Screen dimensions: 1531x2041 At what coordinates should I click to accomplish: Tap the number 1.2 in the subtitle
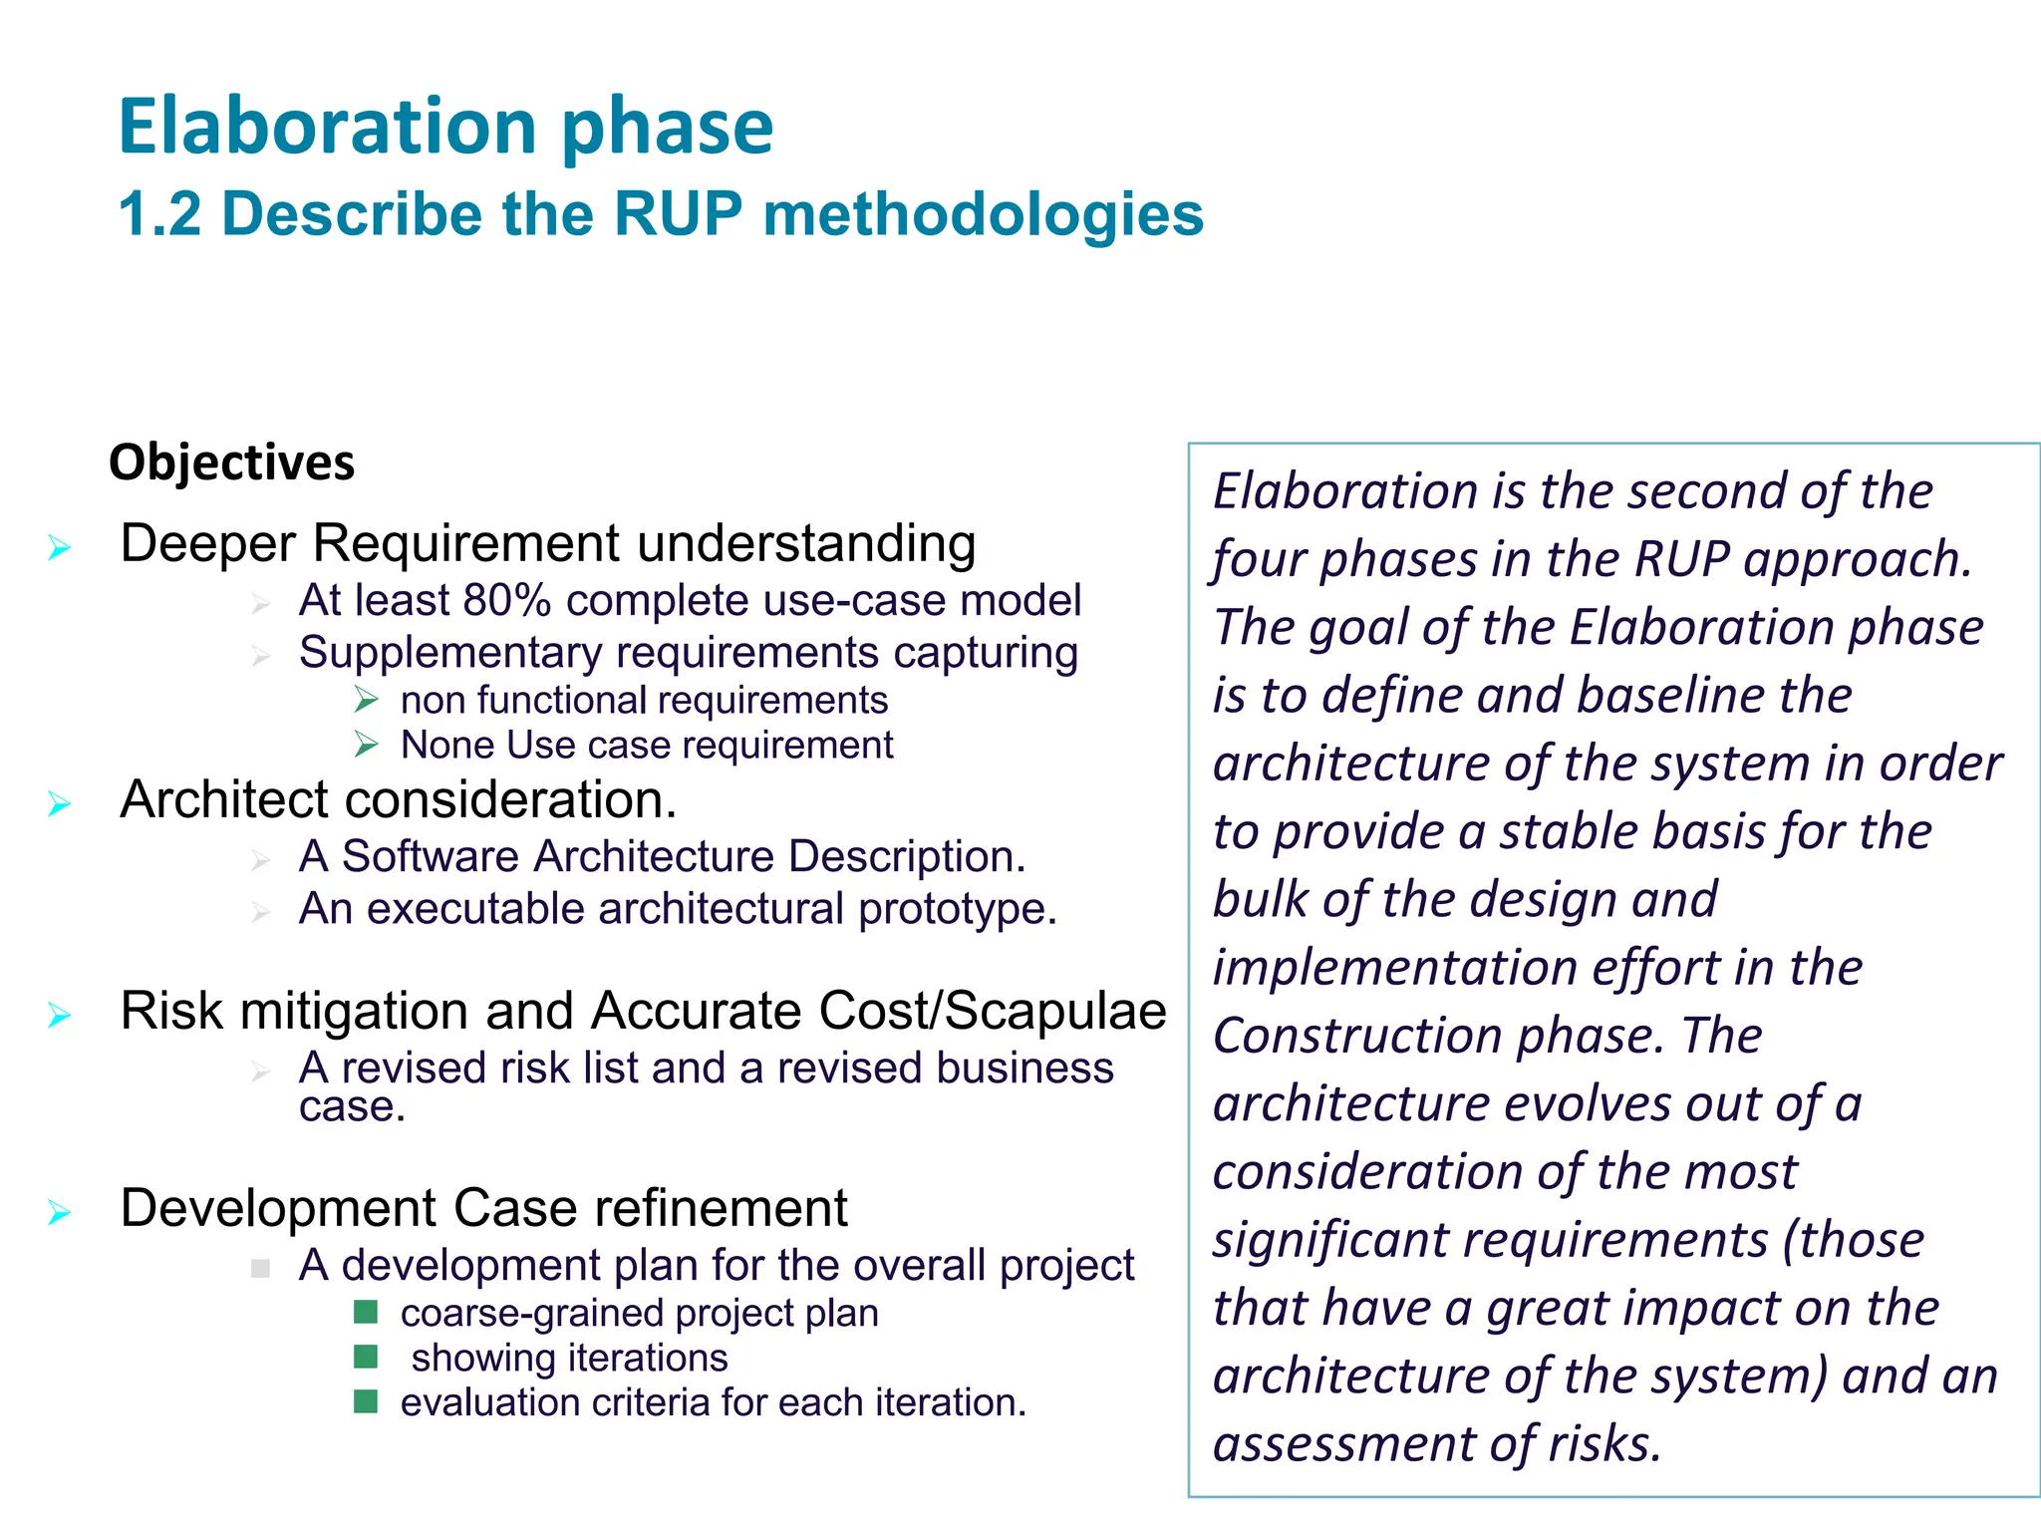(159, 214)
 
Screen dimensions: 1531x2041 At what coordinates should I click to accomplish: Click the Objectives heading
(231, 462)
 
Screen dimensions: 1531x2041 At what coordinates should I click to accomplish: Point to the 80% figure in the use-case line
(507, 601)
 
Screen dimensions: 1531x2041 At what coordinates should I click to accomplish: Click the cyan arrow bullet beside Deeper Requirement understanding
(60, 547)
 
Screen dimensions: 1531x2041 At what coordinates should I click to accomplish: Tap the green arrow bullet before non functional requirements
(366, 701)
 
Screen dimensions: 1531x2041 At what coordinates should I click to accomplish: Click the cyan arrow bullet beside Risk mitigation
(60, 1016)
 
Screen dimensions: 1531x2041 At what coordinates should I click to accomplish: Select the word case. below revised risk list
(352, 1107)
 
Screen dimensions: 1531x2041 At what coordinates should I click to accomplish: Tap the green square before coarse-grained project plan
(366, 1312)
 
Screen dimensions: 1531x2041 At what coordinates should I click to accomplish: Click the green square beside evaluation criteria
(366, 1402)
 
